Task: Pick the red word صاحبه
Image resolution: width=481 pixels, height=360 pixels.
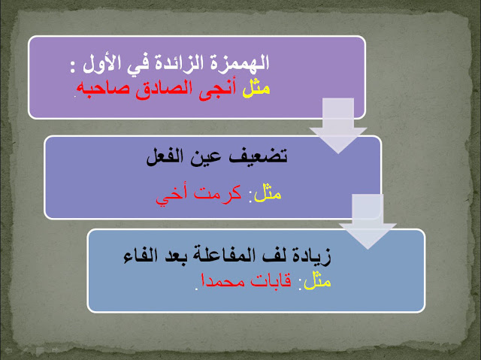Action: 106,87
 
